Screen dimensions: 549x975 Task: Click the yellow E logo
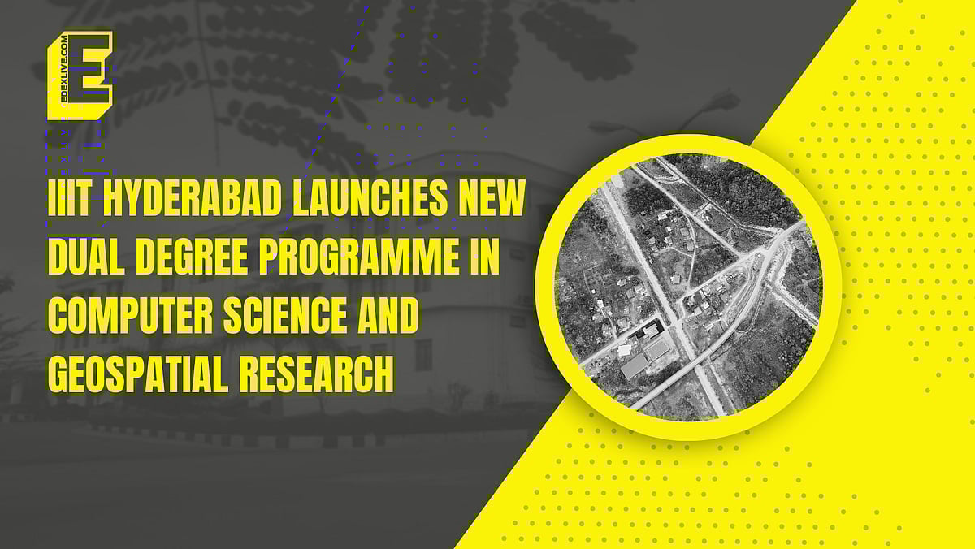point(80,76)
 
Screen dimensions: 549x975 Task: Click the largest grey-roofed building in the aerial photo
point(635,365)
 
